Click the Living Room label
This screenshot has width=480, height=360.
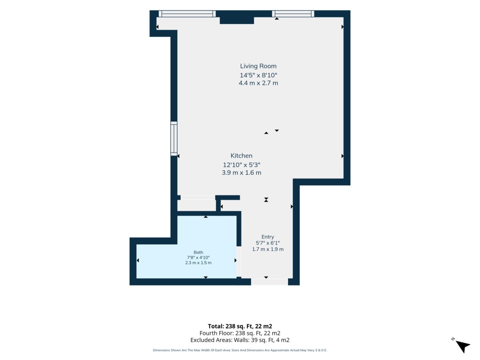click(258, 66)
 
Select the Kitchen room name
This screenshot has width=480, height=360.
click(241, 156)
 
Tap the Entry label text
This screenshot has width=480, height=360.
click(268, 237)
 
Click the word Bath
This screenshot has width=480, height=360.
click(198, 252)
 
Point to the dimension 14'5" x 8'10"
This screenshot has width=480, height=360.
click(258, 75)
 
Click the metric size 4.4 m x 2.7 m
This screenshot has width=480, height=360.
click(258, 83)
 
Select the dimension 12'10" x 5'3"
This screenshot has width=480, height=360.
click(241, 165)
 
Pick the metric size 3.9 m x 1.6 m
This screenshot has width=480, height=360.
click(241, 172)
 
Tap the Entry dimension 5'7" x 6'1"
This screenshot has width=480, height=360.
click(268, 243)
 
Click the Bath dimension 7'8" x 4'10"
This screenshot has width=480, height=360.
click(198, 257)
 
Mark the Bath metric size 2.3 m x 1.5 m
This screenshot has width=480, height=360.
click(198, 262)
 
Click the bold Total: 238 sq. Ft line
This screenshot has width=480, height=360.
click(240, 326)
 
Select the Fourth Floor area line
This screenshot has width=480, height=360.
click(240, 333)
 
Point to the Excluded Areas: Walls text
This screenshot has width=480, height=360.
click(240, 340)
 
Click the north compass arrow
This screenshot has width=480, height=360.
click(463, 346)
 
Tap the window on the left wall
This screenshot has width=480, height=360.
click(174, 138)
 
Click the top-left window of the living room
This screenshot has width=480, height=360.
click(187, 14)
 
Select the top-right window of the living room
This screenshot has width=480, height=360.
click(293, 14)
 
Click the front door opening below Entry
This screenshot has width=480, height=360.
click(270, 282)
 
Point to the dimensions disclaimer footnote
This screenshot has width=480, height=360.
click(240, 350)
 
